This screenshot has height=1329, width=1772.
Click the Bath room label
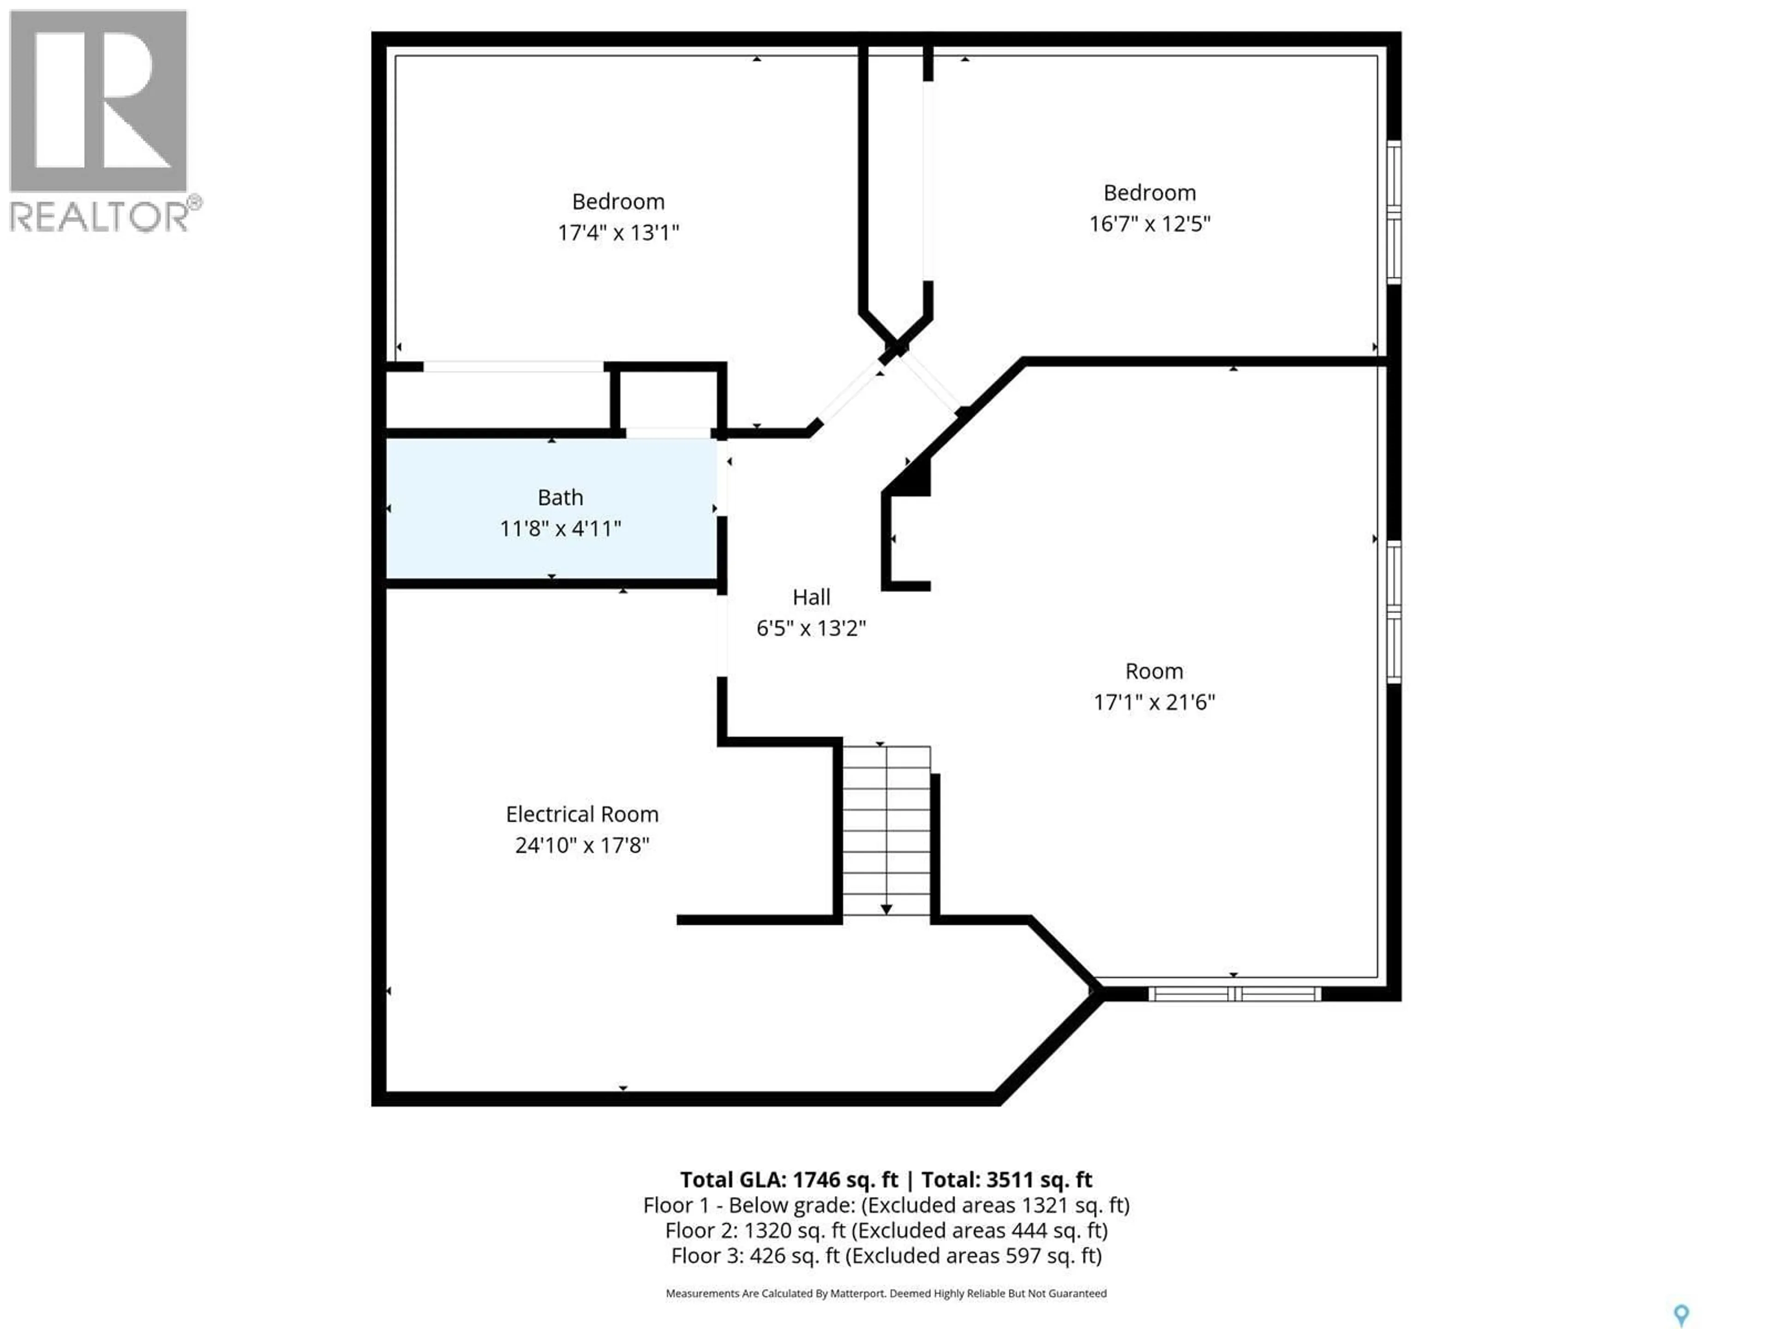click(560, 497)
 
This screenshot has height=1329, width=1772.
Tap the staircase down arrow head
click(886, 909)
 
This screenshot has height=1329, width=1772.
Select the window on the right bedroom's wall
click(1394, 212)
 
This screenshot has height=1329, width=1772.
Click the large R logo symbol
click(98, 100)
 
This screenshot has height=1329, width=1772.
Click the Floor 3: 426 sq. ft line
click(886, 1255)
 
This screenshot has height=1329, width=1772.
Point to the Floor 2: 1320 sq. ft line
click(886, 1230)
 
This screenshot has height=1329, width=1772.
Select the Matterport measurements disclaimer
click(886, 1293)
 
